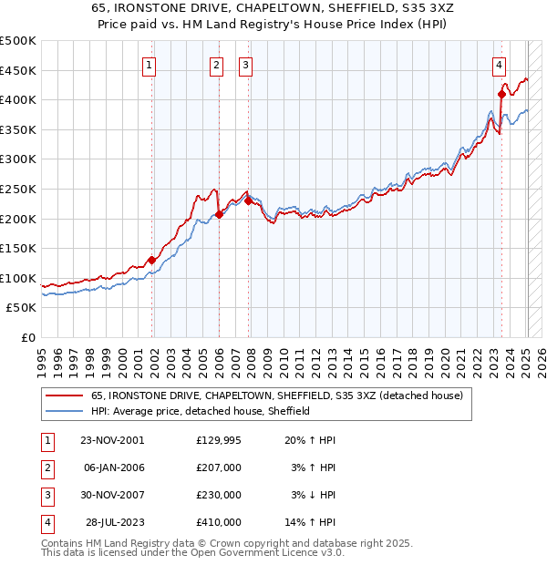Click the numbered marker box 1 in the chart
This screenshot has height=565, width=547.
(150, 65)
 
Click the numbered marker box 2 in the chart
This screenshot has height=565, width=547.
(216, 65)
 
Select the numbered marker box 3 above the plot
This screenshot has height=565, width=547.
(246, 65)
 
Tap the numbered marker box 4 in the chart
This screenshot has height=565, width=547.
(500, 65)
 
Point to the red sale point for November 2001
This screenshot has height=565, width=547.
(152, 260)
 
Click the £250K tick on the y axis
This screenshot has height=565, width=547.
(17, 189)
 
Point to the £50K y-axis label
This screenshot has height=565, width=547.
(21, 308)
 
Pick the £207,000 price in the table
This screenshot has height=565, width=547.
(219, 467)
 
